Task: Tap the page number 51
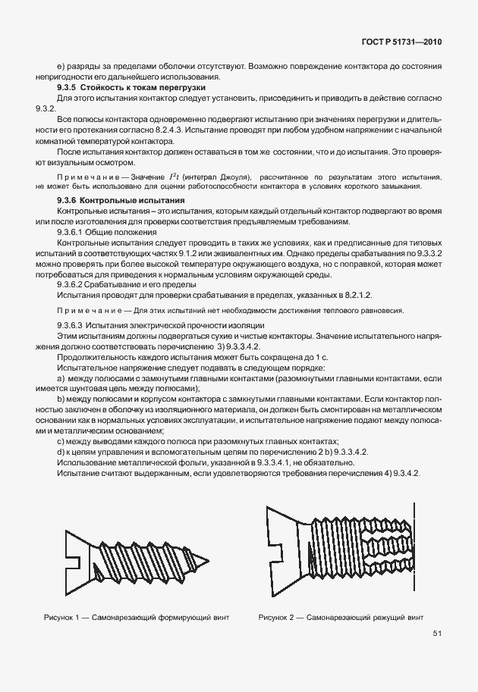click(437, 634)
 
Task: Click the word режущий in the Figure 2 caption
click(382, 617)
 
